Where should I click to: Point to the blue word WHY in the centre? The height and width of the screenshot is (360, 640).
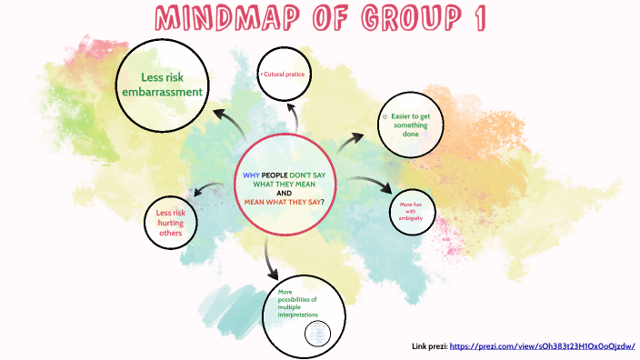coord(251,175)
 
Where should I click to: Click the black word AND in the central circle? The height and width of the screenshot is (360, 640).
coord(285,193)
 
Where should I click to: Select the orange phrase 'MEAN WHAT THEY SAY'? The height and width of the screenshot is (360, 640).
coord(283,202)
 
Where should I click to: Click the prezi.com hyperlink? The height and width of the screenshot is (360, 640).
coord(542,346)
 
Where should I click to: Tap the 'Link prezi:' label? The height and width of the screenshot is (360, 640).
coord(429,346)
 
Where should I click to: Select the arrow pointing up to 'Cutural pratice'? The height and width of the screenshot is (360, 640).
coord(292,115)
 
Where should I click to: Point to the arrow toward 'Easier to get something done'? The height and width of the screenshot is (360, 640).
coord(349,143)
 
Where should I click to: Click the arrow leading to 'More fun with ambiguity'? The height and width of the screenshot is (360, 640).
coord(373,185)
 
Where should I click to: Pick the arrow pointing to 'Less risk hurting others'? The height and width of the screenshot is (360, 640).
coord(208,190)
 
